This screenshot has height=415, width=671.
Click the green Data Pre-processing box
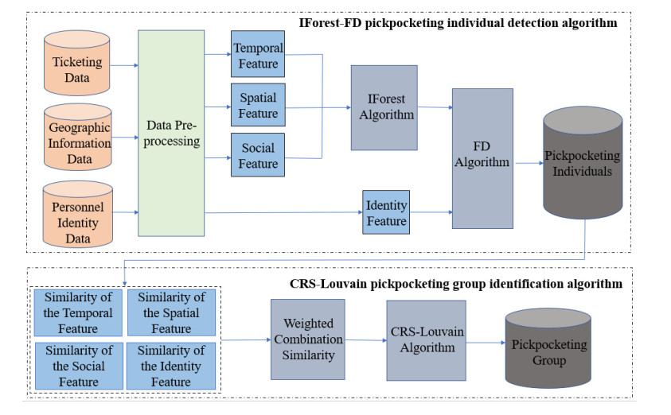[x=171, y=133]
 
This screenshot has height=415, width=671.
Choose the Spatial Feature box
[x=258, y=106]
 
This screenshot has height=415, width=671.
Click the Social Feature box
[x=258, y=156]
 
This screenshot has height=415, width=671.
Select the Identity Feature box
[x=386, y=212]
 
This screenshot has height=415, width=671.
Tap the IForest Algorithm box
[x=384, y=107]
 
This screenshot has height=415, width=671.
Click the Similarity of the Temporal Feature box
[x=78, y=312]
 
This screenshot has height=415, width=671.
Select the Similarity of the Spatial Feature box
[x=172, y=312]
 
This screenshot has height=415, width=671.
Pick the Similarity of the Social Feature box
[x=78, y=365]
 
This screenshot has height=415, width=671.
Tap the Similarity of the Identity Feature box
[x=172, y=365]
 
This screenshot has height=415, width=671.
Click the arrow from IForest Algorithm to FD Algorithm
[x=435, y=107]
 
